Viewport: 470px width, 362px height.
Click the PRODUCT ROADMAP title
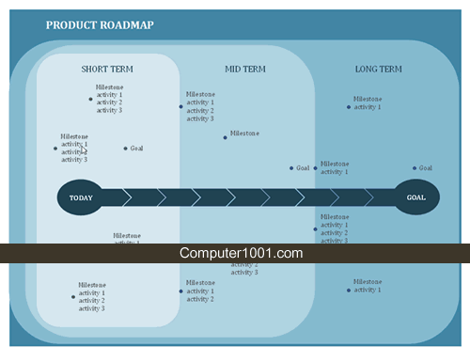(100, 25)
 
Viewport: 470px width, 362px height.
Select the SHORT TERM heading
(107, 70)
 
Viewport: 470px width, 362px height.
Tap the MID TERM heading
(246, 70)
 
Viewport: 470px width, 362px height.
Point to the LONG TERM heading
(379, 70)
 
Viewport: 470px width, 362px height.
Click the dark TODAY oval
(82, 197)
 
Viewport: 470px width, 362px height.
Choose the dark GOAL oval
(415, 197)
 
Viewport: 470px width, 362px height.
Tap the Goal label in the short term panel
(137, 149)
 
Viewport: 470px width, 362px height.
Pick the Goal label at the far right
(426, 168)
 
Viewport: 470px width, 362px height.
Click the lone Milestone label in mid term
(244, 134)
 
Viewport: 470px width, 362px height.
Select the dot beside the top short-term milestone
(90, 99)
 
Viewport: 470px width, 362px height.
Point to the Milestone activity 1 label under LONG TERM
(368, 102)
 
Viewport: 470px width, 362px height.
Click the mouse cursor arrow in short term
(83, 149)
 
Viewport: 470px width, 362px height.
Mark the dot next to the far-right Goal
(415, 168)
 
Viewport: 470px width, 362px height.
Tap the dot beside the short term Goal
(125, 149)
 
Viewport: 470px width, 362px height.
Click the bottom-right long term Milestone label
(368, 285)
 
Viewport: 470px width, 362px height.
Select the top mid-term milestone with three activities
(200, 106)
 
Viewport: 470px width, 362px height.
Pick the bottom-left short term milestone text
(92, 296)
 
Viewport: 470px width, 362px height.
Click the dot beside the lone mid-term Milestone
(226, 137)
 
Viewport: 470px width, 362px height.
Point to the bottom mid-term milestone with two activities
(200, 291)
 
